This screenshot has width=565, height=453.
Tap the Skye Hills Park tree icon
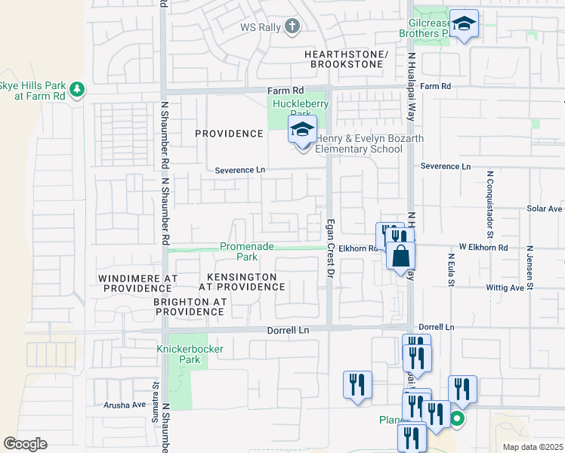click(x=76, y=90)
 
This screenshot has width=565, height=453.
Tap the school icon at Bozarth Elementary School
click(x=302, y=131)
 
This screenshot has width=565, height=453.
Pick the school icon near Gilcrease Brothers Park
click(x=464, y=25)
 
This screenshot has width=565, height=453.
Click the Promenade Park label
click(x=246, y=251)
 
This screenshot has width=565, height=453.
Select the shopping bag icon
click(x=400, y=255)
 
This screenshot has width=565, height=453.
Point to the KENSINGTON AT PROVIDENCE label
click(x=242, y=282)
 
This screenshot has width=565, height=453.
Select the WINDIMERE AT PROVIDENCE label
click(x=137, y=283)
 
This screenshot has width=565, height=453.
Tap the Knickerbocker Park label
click(x=178, y=354)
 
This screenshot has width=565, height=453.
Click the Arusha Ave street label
click(x=125, y=405)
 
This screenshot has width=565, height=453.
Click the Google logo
click(x=25, y=444)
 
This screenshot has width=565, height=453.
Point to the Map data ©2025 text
click(x=532, y=447)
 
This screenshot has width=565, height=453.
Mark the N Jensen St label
click(x=530, y=267)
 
